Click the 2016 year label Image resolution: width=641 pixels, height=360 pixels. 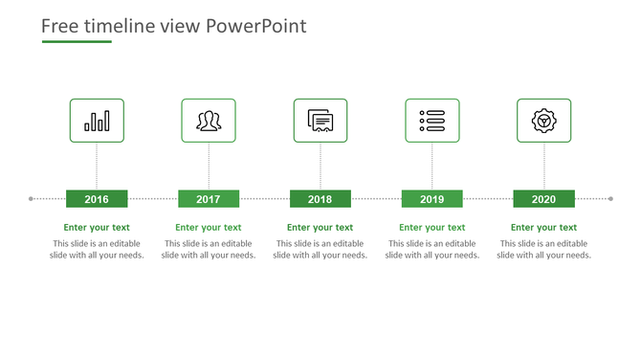click(x=97, y=199)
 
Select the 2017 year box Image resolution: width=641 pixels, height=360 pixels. click(x=209, y=199)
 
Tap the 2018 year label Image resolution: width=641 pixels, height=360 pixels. click(x=320, y=199)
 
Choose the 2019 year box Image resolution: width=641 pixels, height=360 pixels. click(x=431, y=199)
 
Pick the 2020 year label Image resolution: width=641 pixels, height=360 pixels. click(x=543, y=199)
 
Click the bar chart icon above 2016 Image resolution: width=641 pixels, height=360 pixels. click(x=97, y=121)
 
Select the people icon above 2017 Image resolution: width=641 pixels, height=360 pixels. click(x=209, y=121)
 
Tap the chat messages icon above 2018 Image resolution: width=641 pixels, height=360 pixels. click(x=320, y=121)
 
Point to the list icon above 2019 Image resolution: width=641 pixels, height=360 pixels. click(x=431, y=121)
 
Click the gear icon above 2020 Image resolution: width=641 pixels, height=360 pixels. click(x=543, y=121)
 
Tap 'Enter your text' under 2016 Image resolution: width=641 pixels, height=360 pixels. click(x=97, y=228)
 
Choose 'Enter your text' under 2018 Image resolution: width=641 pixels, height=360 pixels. click(x=320, y=228)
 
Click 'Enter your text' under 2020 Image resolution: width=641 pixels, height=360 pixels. click(x=543, y=228)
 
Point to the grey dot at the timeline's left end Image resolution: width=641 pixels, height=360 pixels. click(x=32, y=199)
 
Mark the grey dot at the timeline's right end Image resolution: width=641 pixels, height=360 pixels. click(x=610, y=199)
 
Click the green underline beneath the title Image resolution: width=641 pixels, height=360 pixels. click(x=77, y=42)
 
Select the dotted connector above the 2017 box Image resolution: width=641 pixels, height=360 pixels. click(x=209, y=166)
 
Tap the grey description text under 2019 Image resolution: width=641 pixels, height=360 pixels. click(x=431, y=250)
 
